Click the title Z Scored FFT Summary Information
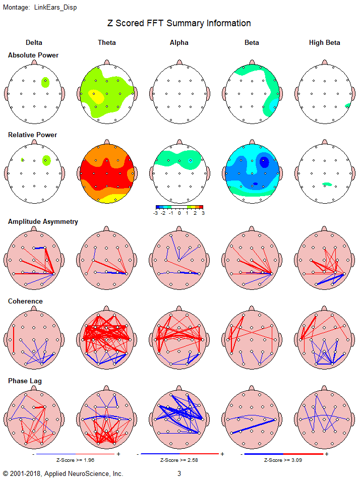(179, 23)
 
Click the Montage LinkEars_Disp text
(40, 8)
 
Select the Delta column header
(34, 43)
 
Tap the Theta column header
(106, 43)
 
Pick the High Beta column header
(324, 43)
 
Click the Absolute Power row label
(33, 55)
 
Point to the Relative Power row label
(33, 135)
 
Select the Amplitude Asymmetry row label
(43, 221)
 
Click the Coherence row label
(25, 301)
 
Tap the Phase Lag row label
(25, 381)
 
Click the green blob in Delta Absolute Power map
(46, 81)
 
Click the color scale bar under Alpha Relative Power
(179, 207)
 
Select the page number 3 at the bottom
(179, 473)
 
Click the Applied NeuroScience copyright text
(63, 473)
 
